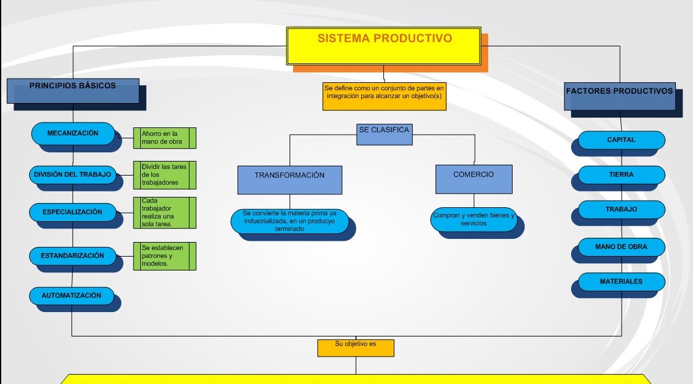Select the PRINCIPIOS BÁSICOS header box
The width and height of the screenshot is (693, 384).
73,90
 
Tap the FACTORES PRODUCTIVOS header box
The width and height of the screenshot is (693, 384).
619,96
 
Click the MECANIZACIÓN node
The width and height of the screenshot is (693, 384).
73,133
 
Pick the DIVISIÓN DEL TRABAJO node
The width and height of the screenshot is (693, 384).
73,174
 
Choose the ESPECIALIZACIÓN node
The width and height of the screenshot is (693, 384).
73,212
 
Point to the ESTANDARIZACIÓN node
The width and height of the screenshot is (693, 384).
73,255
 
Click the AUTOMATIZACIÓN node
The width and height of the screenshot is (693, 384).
71,295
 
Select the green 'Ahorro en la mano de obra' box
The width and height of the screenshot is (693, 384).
165,138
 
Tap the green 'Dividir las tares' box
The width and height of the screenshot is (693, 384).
165,175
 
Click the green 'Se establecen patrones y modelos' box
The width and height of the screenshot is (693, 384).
165,256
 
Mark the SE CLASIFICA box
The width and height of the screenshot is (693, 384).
384,134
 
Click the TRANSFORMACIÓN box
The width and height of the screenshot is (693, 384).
290,179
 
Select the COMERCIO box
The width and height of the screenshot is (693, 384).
474,179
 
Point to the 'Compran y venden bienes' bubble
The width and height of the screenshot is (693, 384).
474,219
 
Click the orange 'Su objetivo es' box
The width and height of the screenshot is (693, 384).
355,347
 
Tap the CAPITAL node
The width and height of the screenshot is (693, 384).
621,140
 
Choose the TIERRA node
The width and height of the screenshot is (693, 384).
621,174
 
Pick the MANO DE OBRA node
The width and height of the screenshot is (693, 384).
621,247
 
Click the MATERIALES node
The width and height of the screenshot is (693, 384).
621,282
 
